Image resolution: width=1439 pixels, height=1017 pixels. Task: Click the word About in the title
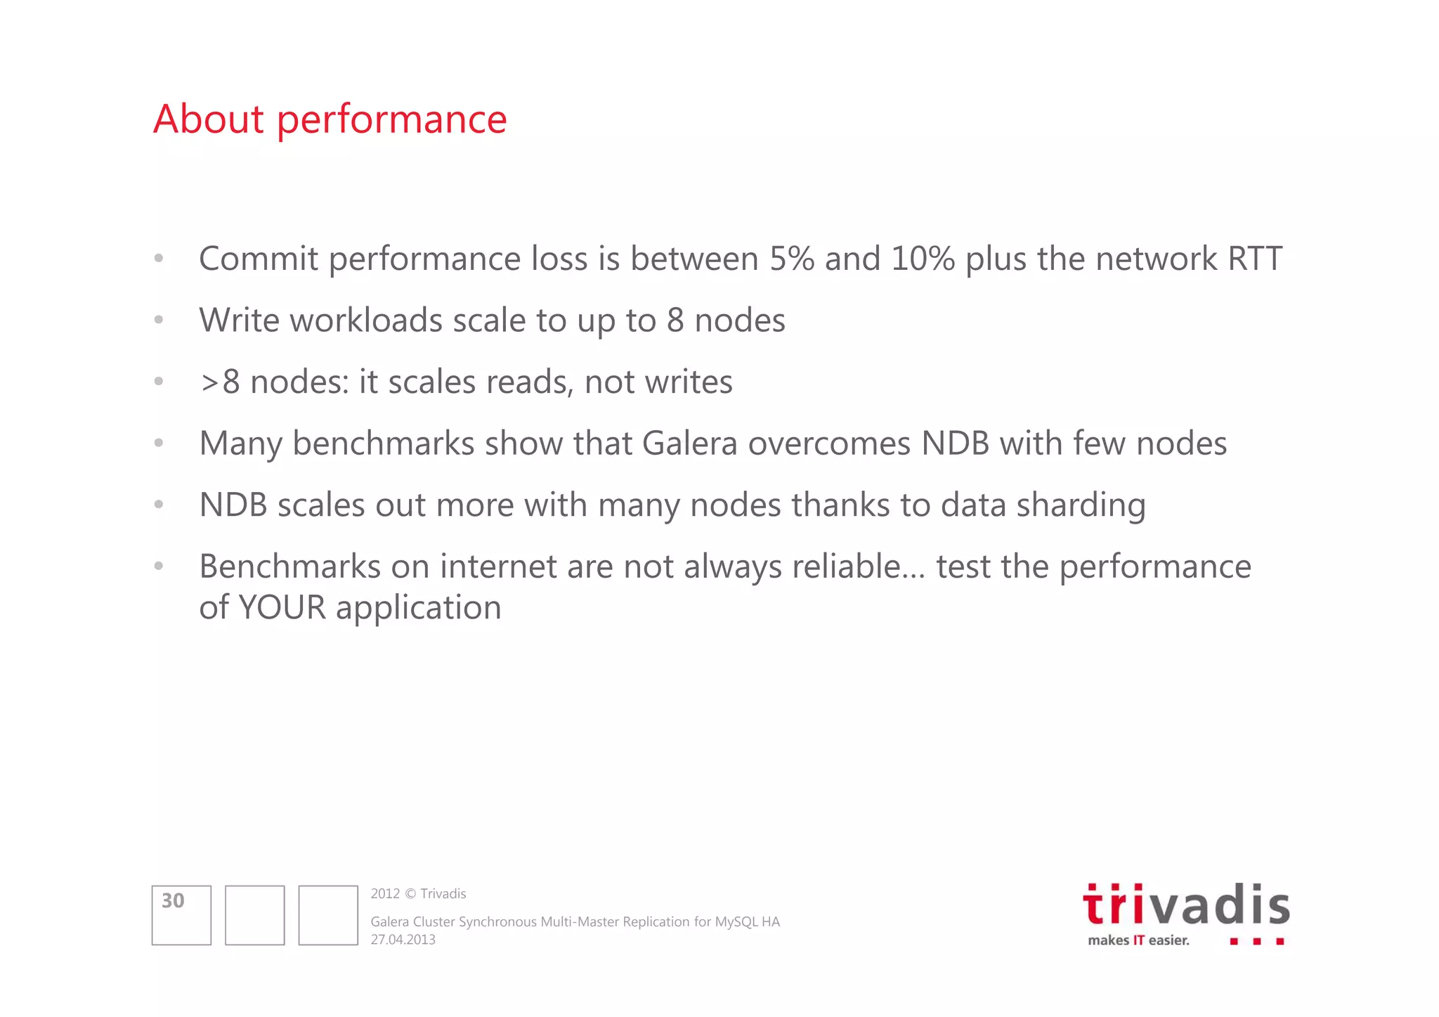point(208,119)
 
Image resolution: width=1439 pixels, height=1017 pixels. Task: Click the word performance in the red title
point(391,120)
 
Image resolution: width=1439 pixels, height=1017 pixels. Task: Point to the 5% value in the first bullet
point(791,259)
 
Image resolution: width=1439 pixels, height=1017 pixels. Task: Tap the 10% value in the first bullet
point(923,259)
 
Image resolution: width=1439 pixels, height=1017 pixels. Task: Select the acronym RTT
point(1254,259)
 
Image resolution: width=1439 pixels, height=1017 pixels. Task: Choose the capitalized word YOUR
point(282,607)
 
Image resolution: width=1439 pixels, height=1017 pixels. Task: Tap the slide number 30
point(173,901)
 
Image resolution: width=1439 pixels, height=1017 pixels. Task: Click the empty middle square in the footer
point(254,915)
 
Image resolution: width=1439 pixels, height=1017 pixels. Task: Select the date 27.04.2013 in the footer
point(403,940)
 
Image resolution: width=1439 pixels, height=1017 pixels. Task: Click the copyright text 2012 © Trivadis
point(418,894)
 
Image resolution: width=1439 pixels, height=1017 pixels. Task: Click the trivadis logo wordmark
point(1186,906)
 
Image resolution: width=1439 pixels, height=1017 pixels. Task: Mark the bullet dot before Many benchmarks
point(159,443)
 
